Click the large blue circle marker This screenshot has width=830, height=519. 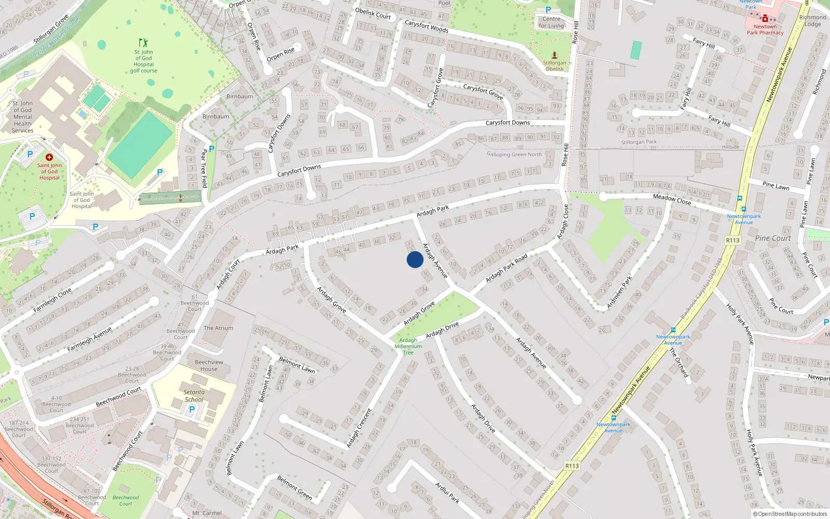tap(415, 259)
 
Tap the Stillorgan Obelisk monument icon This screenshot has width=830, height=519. tap(555, 55)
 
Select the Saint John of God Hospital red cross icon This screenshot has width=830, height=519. tap(49, 157)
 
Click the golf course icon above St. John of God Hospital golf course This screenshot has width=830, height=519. tap(143, 43)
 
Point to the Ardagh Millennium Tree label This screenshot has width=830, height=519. tap(408, 346)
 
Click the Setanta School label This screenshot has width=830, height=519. tap(194, 396)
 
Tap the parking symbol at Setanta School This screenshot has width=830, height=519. tap(192, 409)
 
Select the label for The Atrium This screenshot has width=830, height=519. tap(218, 328)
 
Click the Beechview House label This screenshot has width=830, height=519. tap(209, 365)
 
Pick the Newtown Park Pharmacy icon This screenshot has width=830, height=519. tap(765, 18)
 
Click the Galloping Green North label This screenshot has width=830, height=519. tap(514, 154)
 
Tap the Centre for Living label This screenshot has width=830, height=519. tap(551, 22)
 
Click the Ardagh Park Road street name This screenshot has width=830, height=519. tap(506, 268)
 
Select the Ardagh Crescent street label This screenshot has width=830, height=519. tap(359, 428)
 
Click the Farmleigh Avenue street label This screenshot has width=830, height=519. tap(89, 339)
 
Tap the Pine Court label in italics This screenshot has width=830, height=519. tap(773, 238)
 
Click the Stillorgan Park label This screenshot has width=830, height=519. tap(639, 142)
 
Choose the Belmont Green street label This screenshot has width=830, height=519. tap(295, 487)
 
